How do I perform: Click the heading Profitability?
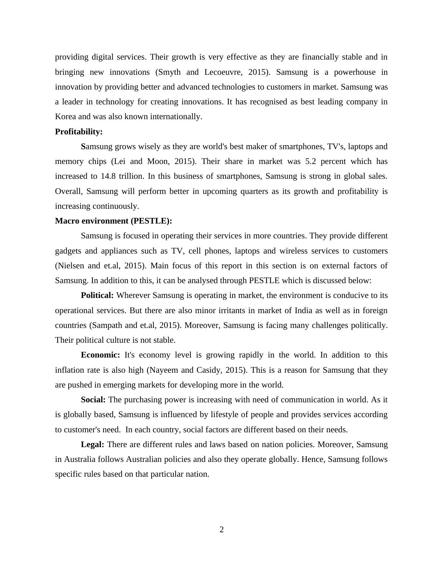[x=79, y=132]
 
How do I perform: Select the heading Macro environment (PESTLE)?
[x=114, y=221]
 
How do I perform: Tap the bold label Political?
[x=97, y=295]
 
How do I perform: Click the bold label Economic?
[x=100, y=355]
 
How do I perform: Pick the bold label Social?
[x=93, y=400]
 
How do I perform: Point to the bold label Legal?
[x=92, y=444]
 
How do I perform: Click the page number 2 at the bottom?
[x=221, y=530]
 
